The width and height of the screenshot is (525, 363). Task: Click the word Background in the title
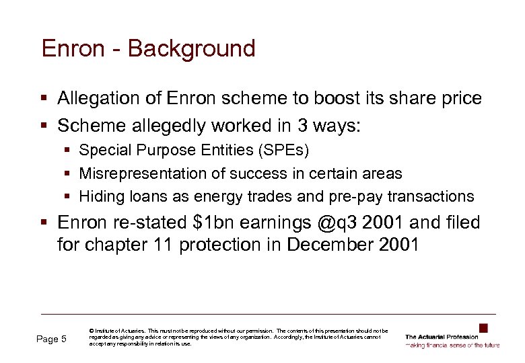click(x=192, y=49)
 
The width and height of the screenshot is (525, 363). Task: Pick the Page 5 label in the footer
click(x=51, y=339)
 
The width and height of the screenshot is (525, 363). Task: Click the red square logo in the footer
click(x=483, y=328)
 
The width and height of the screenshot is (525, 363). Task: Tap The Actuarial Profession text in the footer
click(x=442, y=337)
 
